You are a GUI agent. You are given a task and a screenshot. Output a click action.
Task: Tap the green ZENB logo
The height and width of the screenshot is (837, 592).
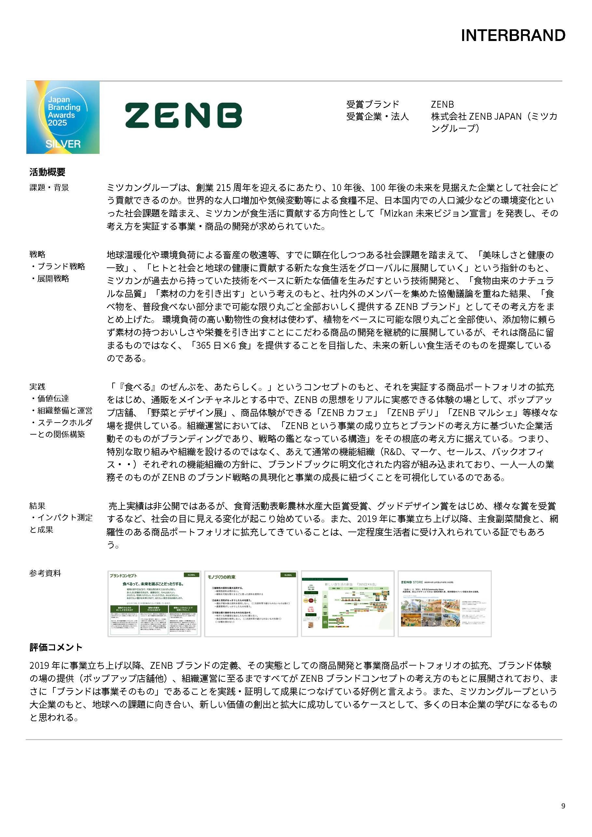point(183,115)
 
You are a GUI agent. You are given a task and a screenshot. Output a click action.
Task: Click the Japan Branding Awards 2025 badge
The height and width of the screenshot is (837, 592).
point(63,117)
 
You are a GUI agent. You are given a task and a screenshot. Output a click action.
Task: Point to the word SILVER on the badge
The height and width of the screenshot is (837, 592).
point(63,144)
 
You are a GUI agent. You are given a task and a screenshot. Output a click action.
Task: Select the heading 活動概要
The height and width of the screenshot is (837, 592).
point(48,172)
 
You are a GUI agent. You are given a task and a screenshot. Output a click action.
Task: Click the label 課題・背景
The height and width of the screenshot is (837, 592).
point(49,187)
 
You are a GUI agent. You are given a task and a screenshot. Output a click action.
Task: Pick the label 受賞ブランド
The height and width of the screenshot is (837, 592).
point(372,104)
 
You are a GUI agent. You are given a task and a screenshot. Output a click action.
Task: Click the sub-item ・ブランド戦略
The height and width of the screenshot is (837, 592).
point(58,266)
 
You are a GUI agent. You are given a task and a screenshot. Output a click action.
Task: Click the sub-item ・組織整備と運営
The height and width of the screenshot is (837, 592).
point(61,411)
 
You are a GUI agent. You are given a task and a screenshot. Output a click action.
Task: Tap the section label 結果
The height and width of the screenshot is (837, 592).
point(37,506)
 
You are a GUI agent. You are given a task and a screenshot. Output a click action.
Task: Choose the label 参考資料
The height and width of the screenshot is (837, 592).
point(45,573)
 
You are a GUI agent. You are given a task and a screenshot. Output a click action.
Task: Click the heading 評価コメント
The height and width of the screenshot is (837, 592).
point(56,647)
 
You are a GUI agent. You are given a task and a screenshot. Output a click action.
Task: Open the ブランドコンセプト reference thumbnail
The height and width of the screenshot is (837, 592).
point(154,604)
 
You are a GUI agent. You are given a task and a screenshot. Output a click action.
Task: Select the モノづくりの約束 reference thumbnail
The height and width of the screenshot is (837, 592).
point(251,604)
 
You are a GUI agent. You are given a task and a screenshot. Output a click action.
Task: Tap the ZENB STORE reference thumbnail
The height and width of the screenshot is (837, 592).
point(444,604)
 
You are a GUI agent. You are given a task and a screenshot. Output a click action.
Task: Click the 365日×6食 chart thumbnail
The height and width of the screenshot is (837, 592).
point(348,604)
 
